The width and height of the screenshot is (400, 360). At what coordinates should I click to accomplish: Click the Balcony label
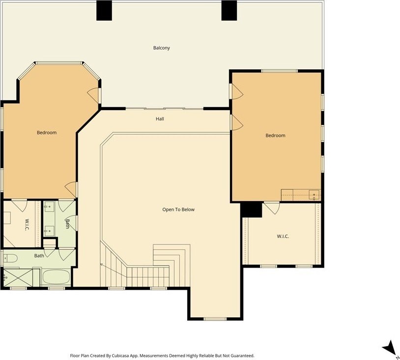(x=162, y=48)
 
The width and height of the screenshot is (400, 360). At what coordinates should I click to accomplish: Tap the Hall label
(x=160, y=119)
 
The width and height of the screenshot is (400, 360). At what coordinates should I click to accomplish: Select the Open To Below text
(x=178, y=210)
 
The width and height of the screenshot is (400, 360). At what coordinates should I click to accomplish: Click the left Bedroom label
(x=47, y=132)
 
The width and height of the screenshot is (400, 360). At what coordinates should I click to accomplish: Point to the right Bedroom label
(x=276, y=135)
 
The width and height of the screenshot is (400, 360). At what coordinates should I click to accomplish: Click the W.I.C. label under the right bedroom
(x=283, y=236)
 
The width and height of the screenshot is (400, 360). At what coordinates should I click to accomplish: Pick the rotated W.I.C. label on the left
(x=27, y=225)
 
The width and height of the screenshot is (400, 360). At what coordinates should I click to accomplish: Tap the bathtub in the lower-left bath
(x=56, y=277)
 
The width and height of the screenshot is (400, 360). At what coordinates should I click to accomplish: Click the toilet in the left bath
(x=10, y=259)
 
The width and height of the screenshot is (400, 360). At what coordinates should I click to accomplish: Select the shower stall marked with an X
(x=18, y=277)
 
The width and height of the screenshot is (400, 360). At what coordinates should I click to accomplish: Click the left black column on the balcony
(x=104, y=10)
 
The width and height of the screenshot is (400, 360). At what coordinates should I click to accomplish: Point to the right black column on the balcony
(x=229, y=10)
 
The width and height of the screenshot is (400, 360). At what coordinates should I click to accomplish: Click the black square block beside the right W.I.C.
(x=251, y=210)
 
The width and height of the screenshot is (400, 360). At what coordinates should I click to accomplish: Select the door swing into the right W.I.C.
(x=272, y=208)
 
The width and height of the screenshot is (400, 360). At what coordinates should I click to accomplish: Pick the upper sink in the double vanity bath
(x=49, y=206)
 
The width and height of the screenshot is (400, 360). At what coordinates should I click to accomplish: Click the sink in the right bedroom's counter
(x=314, y=195)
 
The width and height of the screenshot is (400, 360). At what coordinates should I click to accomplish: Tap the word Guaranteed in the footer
(x=242, y=356)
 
